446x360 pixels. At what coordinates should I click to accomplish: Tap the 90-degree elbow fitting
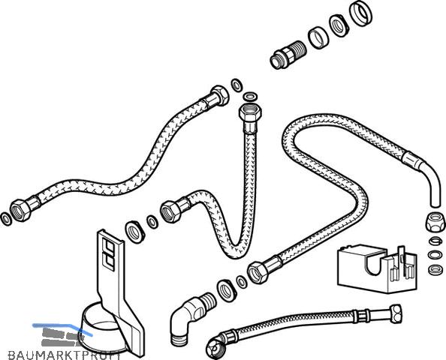[x=190, y=317]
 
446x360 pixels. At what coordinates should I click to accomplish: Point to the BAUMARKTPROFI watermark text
[x=65, y=355]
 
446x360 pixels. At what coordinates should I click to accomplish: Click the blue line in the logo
[x=62, y=328]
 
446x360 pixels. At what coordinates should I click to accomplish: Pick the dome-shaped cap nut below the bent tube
[x=435, y=222]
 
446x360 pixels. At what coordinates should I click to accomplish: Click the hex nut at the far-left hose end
[x=20, y=210]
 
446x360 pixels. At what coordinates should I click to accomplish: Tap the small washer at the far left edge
[x=6, y=219]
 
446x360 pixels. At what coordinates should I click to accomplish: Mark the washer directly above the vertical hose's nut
[x=250, y=97]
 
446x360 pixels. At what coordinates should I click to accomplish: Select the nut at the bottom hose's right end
[x=395, y=313]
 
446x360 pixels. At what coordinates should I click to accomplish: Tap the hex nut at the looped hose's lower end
[x=258, y=273]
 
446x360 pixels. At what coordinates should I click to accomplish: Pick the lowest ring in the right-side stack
[x=435, y=268]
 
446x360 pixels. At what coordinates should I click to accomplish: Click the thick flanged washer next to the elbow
[x=227, y=289]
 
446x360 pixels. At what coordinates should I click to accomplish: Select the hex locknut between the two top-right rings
[x=339, y=25]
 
